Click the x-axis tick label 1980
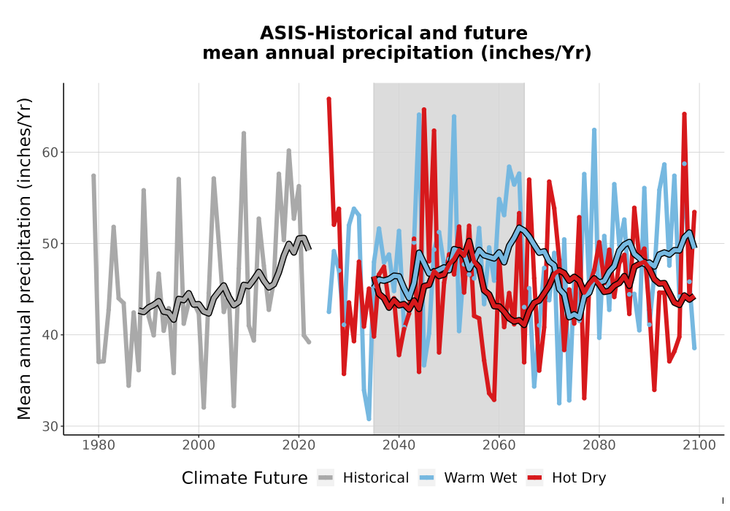[x=99, y=445]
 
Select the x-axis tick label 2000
[x=199, y=445]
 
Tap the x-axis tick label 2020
[x=299, y=445]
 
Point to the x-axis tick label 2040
[x=399, y=445]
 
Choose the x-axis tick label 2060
[x=499, y=445]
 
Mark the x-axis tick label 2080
[x=599, y=445]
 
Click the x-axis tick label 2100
[x=699, y=445]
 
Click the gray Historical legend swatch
[x=326, y=478]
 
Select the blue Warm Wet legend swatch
[x=426, y=478]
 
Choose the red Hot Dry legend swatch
[x=535, y=478]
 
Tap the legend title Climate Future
[x=245, y=478]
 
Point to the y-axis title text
[x=24, y=258]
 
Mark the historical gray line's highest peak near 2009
[x=244, y=133]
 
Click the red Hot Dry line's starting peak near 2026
[x=328, y=99]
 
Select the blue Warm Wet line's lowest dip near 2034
[x=369, y=419]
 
